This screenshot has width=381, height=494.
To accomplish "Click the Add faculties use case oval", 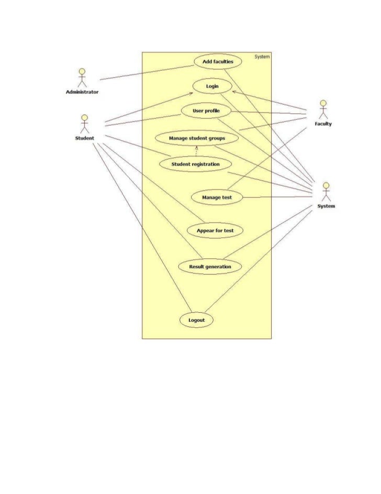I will tap(218, 61).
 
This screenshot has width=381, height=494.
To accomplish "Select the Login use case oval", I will tap(212, 86).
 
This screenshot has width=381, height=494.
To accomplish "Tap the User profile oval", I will tap(206, 111).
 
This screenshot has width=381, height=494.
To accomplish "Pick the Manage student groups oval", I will tap(197, 138).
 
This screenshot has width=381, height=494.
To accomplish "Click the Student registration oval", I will tap(195, 164).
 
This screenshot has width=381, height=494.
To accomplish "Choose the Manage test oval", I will tap(217, 197).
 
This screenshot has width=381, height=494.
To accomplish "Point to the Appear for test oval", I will tap(215, 230).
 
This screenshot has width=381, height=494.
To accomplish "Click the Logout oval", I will tap(197, 320).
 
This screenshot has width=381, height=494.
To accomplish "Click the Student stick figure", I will tap(84, 124).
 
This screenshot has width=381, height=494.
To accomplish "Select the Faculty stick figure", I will tap(323, 109).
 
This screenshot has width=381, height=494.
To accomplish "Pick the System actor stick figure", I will tap(326, 192).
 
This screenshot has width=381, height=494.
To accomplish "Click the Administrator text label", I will tap(82, 92).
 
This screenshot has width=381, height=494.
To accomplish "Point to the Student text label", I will tap(84, 138).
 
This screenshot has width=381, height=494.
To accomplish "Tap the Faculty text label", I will tap(323, 124).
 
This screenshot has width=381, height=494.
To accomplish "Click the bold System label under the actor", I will tap(326, 206).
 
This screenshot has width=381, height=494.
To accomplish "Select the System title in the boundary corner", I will tap(262, 57).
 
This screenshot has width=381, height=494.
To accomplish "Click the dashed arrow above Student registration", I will tap(196, 151).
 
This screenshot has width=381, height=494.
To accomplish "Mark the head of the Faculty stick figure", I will tap(323, 103).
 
